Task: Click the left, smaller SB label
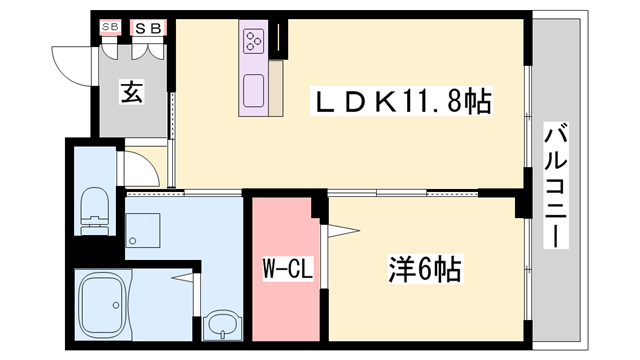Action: click(109, 28)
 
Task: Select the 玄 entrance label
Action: click(132, 93)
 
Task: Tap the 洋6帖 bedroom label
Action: click(423, 269)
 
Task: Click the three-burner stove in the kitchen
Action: click(252, 42)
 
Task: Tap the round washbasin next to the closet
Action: click(221, 326)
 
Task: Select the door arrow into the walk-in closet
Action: click(344, 232)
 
